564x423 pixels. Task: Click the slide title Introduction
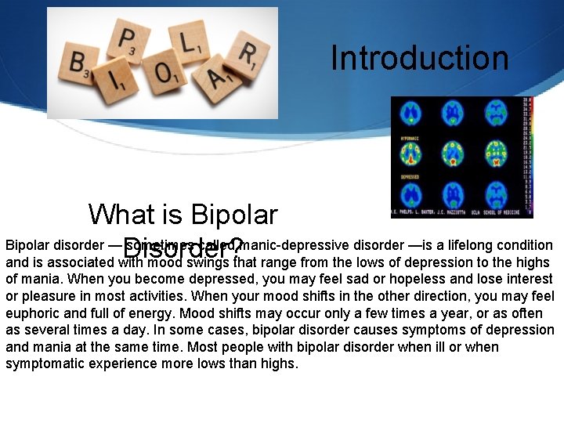419,58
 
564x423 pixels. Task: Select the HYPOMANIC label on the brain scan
410,137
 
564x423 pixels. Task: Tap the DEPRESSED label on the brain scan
411,177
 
